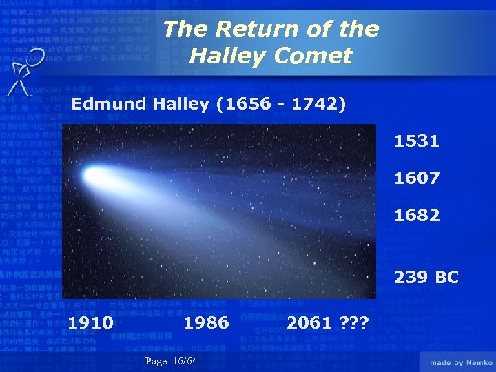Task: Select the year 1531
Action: (x=416, y=142)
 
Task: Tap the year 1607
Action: (x=416, y=178)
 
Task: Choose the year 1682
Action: (x=416, y=216)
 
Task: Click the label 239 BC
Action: (x=426, y=278)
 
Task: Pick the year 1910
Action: (x=90, y=322)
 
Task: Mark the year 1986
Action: (x=206, y=322)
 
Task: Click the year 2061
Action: (x=309, y=322)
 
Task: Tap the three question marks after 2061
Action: (x=353, y=322)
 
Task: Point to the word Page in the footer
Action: (x=156, y=362)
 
